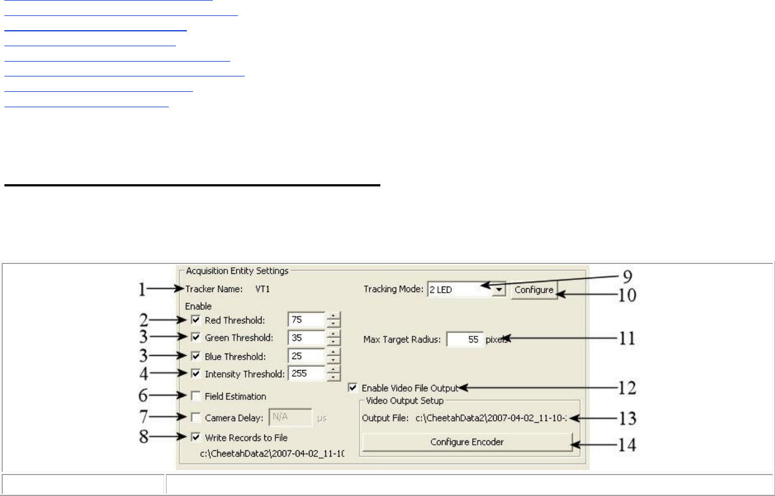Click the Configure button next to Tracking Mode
534,290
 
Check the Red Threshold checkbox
196,319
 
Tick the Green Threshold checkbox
196,337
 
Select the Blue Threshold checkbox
196,356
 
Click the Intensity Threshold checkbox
196,373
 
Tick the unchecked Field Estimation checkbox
196,396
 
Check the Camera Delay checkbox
196,417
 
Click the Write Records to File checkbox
196,437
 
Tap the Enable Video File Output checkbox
353,388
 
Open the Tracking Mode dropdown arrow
499,290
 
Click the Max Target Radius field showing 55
464,339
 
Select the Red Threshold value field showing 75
306,319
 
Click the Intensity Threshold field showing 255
306,373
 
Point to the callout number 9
627,277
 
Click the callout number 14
627,444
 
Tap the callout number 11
627,338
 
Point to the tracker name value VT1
263,289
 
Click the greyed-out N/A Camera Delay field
290,417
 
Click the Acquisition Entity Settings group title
237,271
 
